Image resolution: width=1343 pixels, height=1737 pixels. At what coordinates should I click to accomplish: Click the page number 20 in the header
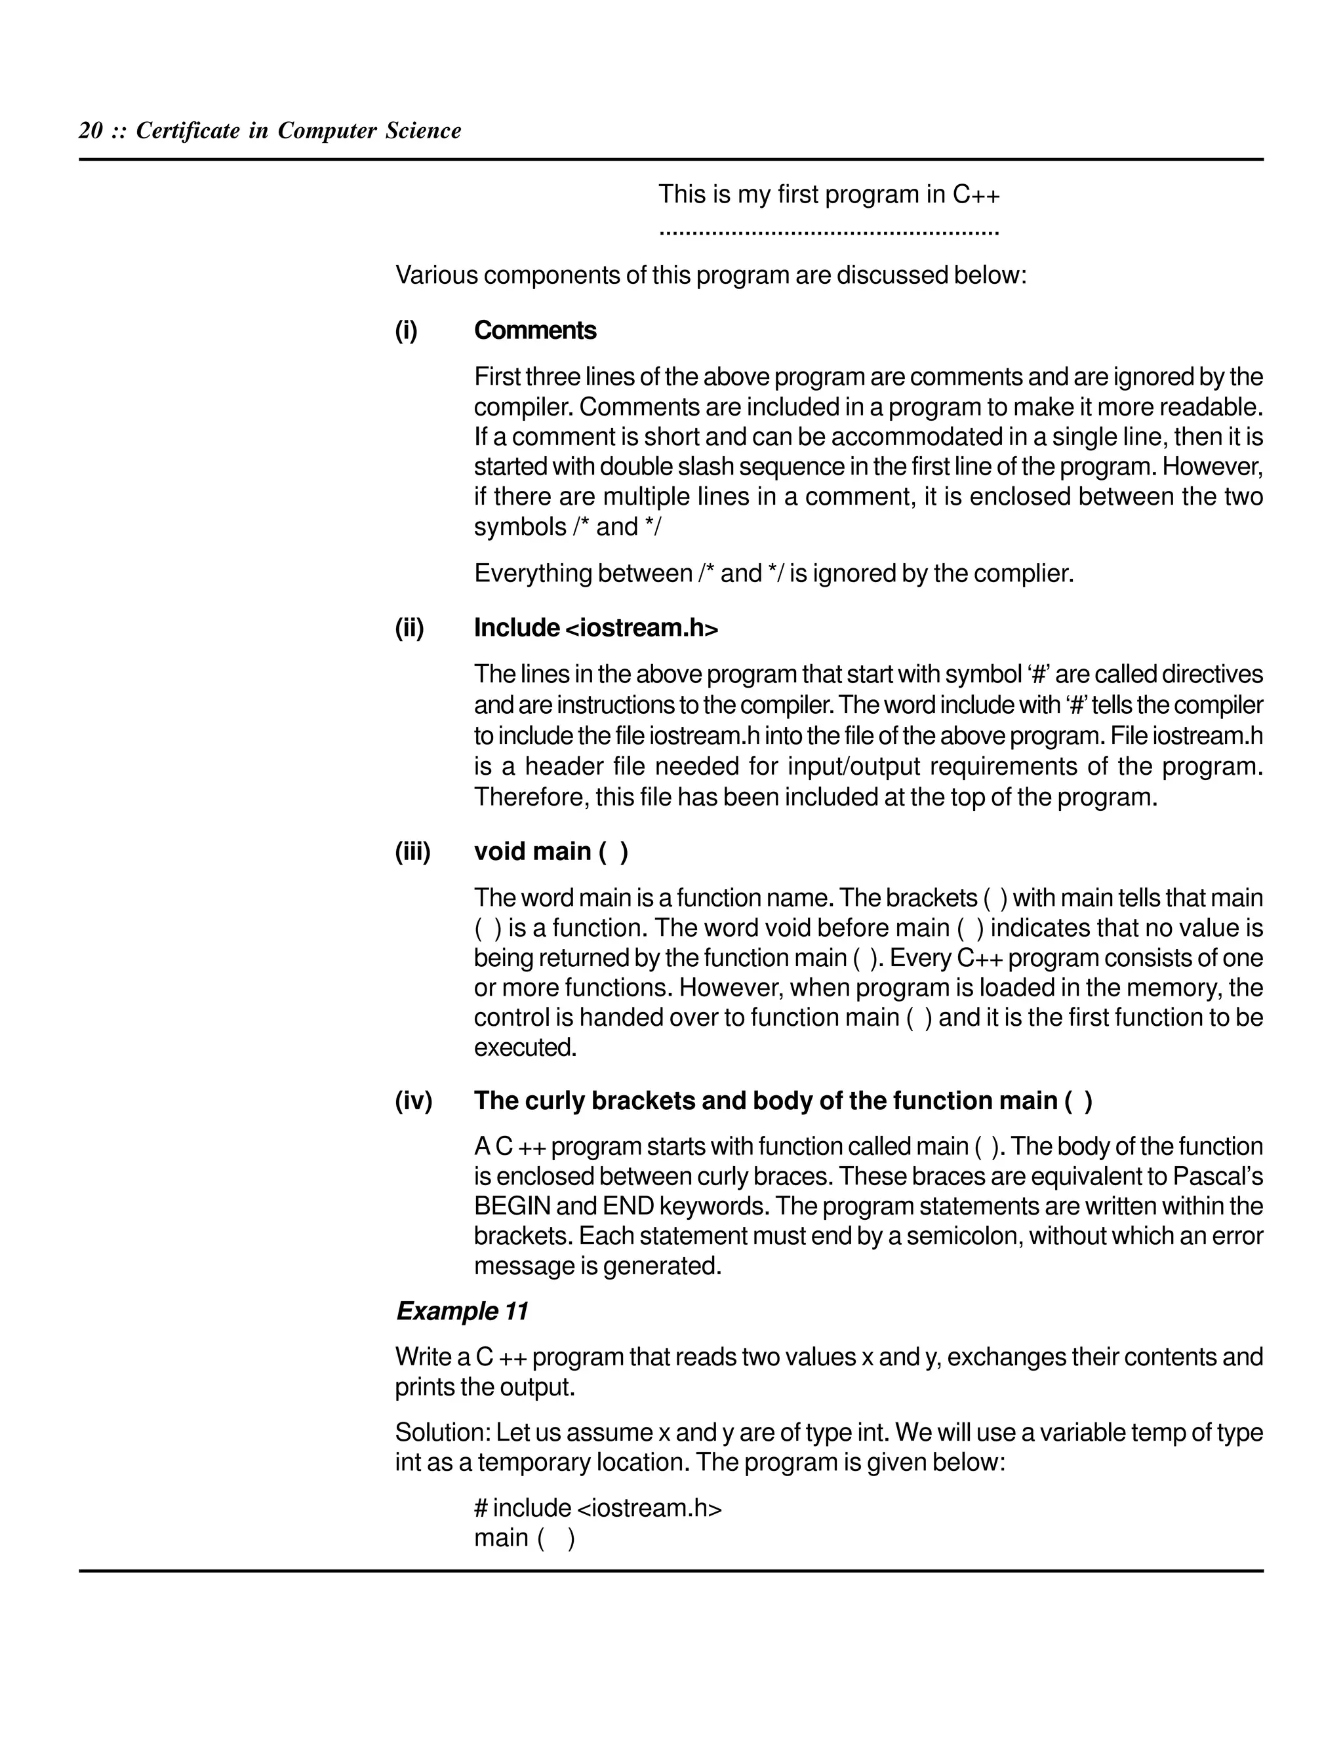pos(90,131)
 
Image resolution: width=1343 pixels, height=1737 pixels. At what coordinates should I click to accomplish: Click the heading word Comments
pos(534,331)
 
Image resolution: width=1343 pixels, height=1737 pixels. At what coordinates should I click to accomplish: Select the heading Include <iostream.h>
pos(596,629)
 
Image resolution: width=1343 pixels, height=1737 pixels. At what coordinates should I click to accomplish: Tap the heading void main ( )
pos(551,852)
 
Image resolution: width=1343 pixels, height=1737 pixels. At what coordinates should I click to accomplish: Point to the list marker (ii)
pos(410,629)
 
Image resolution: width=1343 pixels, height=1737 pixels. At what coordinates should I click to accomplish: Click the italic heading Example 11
pos(462,1311)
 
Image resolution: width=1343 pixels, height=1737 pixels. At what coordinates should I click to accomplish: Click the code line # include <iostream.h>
pos(597,1508)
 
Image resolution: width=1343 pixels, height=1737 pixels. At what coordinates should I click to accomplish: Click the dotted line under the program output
pos(828,233)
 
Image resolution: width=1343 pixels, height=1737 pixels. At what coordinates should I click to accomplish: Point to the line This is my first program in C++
pos(828,195)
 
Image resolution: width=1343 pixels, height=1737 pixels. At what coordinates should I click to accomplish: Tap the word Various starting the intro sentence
pos(436,276)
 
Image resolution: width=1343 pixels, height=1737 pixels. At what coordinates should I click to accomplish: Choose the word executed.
pos(525,1048)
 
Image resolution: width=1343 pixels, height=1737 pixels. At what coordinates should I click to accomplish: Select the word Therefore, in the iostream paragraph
pos(530,797)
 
